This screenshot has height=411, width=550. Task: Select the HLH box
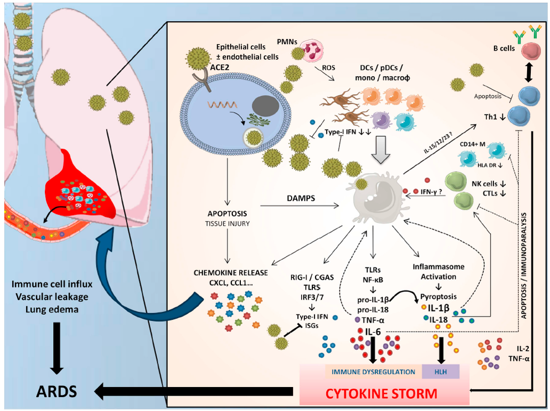coord(440,371)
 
